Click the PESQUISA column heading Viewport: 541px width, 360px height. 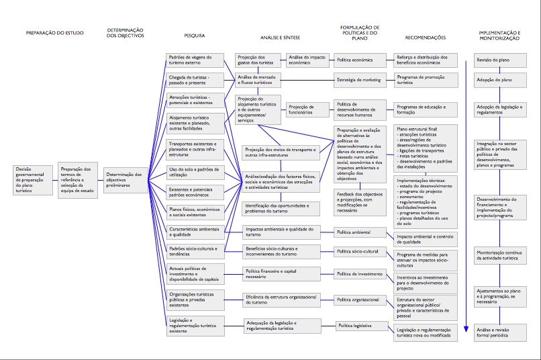tap(194, 36)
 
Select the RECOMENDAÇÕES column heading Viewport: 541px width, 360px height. tap(426, 38)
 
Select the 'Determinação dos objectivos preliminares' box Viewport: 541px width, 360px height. tap(126, 178)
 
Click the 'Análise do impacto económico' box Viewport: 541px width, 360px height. tap(308, 60)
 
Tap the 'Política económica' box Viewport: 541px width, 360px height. tap(361, 60)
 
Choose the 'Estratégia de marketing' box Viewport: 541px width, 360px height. tap(361, 80)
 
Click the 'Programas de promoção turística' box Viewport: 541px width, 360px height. tap(426, 80)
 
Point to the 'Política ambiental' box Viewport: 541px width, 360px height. tap(361, 232)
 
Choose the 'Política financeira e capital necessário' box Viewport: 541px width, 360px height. tap(273, 274)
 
